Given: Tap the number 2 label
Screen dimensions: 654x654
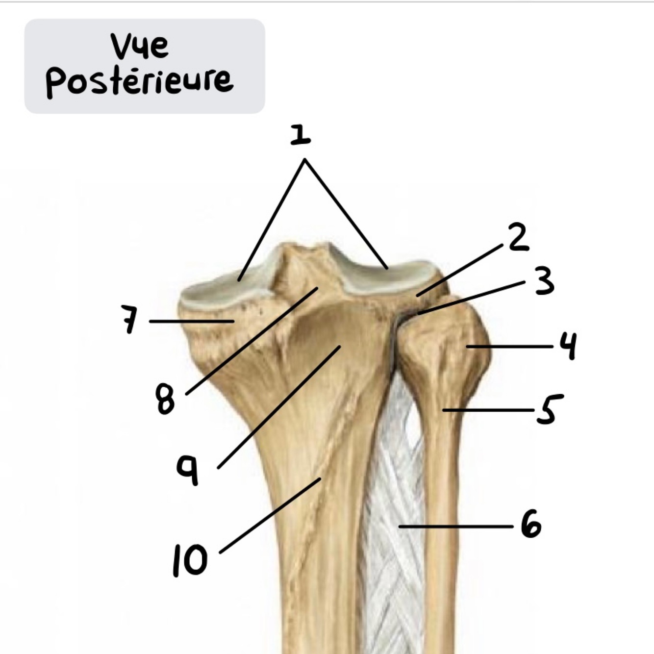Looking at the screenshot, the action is [518, 238].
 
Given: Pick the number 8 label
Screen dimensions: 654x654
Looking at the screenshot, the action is [165, 399].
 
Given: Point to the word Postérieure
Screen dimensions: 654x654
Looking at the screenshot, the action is [139, 81].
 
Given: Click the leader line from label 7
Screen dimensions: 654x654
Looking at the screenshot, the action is [191, 321].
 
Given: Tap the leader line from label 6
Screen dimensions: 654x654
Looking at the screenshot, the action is [456, 527].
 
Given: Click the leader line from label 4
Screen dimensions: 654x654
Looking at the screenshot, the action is [510, 347].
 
